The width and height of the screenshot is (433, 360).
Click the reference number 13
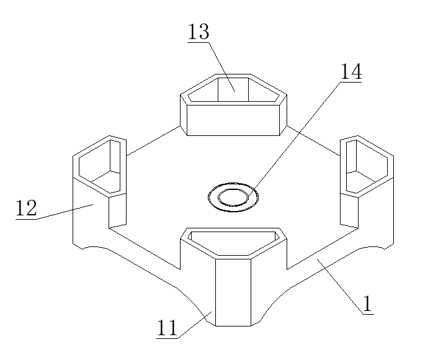click(x=199, y=32)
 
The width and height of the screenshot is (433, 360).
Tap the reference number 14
click(x=350, y=71)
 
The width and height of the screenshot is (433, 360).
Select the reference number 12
click(x=27, y=208)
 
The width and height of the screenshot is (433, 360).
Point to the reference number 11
click(x=167, y=327)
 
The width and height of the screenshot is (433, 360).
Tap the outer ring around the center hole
click(x=213, y=197)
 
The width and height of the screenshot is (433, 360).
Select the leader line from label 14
click(x=298, y=133)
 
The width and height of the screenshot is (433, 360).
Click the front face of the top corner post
click(x=233, y=119)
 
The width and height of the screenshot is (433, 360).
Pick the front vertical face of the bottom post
click(x=233, y=292)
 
